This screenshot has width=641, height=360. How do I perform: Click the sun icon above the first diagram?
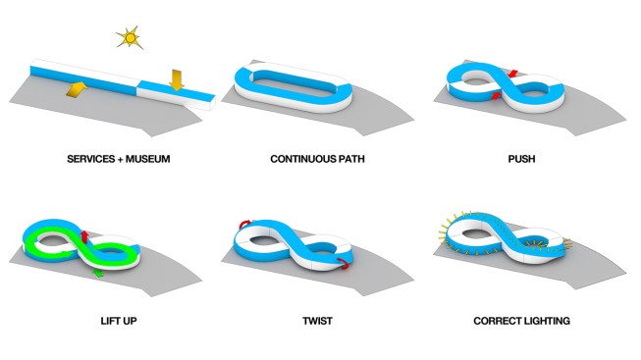pos(129,37)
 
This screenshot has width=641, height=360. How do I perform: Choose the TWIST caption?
pos(321,320)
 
